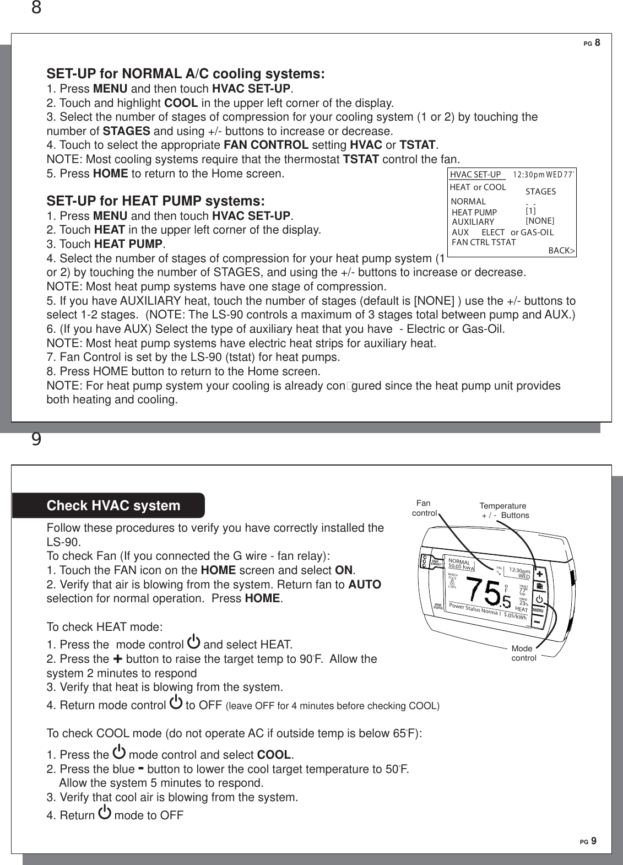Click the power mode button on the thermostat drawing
coord(539,599)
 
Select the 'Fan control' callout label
coord(424,508)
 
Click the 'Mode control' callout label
coord(523,653)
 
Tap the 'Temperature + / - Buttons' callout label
coord(503,510)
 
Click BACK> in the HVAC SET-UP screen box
coord(561,251)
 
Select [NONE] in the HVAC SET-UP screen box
coord(540,220)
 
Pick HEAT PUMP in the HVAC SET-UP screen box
coord(474,213)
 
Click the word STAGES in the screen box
coord(540,192)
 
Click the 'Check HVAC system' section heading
coord(113,506)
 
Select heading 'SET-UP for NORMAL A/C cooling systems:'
coord(186,74)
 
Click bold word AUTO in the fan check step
coord(365,585)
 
